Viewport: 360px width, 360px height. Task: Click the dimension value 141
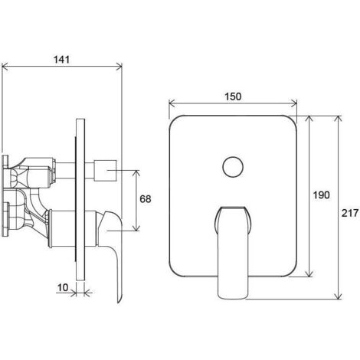pyautogui.click(x=61, y=60)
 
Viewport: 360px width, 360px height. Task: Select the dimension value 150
pyautogui.click(x=233, y=97)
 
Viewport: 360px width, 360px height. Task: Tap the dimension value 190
pyautogui.click(x=321, y=195)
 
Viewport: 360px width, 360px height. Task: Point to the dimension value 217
pyautogui.click(x=350, y=213)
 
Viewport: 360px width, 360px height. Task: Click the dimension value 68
pyautogui.click(x=146, y=199)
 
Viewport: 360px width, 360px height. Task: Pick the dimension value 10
pyautogui.click(x=63, y=288)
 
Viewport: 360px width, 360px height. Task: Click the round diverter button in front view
pyautogui.click(x=233, y=167)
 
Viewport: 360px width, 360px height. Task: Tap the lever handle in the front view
pyautogui.click(x=233, y=251)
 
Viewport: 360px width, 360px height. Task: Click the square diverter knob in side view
pyautogui.click(x=105, y=170)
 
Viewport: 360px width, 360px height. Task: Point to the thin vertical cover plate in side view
pyautogui.click(x=80, y=200)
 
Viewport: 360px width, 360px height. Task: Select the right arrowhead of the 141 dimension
pyautogui.click(x=119, y=67)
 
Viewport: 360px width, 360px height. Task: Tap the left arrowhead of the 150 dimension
pyautogui.click(x=172, y=103)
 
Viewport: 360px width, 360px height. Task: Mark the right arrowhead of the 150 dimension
pyautogui.click(x=293, y=103)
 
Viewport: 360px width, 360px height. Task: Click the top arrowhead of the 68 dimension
pyautogui.click(x=137, y=174)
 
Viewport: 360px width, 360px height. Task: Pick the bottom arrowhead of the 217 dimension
pyautogui.click(x=338, y=296)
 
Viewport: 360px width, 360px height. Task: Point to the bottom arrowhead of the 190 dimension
pyautogui.click(x=309, y=273)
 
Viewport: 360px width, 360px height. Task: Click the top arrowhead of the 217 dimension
pyautogui.click(x=338, y=119)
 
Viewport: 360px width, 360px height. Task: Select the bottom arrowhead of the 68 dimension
pyautogui.click(x=137, y=227)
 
